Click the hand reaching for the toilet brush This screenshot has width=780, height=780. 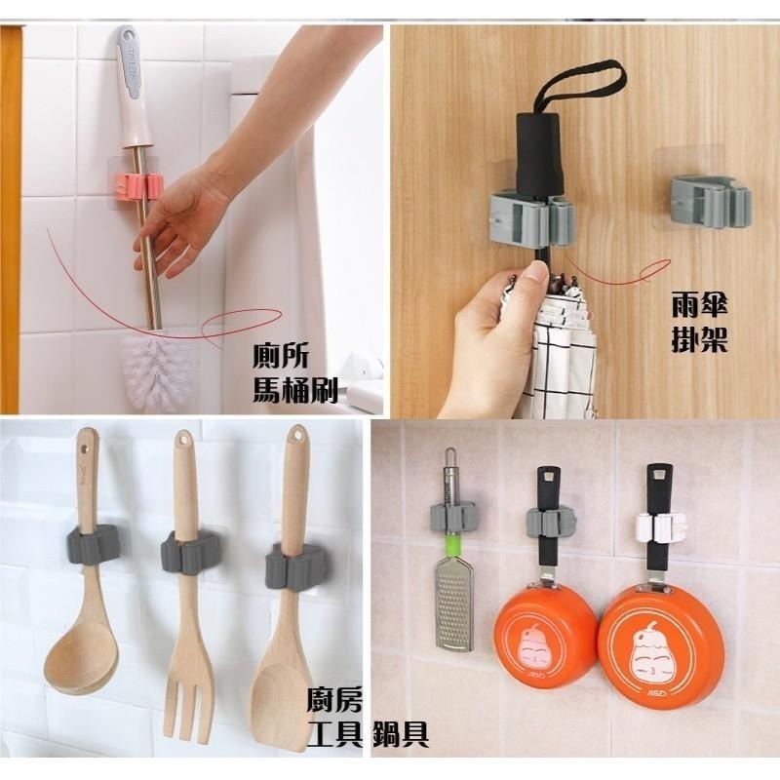click(x=185, y=210)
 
